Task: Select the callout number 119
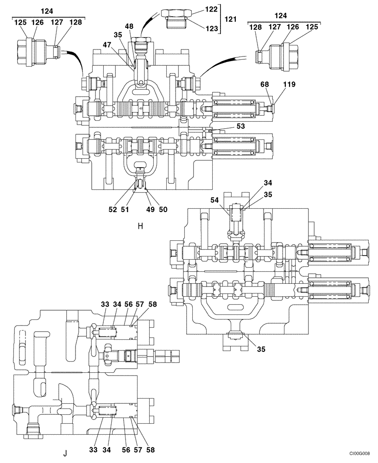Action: coord(283,85)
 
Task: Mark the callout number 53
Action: coord(240,126)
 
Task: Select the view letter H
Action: coord(140,226)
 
